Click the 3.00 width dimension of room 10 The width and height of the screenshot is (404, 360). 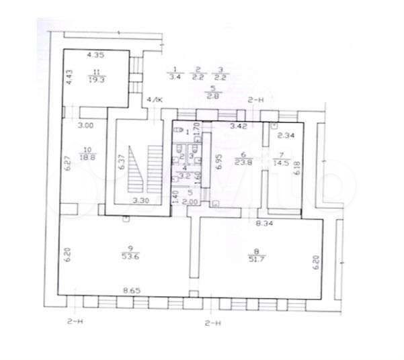(x=85, y=126)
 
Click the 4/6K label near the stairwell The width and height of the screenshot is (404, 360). (x=155, y=99)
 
